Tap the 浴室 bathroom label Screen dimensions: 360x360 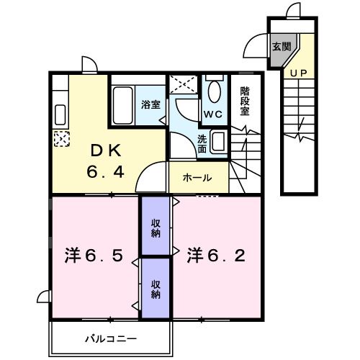click(x=151, y=104)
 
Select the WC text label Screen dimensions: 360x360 click(x=212, y=114)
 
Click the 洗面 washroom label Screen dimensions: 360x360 click(x=202, y=143)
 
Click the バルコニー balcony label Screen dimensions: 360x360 click(x=111, y=338)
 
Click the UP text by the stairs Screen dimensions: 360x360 click(x=297, y=72)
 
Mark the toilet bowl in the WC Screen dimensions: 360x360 click(x=214, y=93)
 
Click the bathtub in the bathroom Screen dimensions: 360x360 click(x=122, y=105)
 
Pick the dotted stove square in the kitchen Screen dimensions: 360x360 click(x=61, y=138)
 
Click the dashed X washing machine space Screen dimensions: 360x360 click(x=184, y=84)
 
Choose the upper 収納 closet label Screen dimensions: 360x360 click(x=156, y=228)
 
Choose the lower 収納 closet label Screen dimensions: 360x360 click(x=156, y=289)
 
